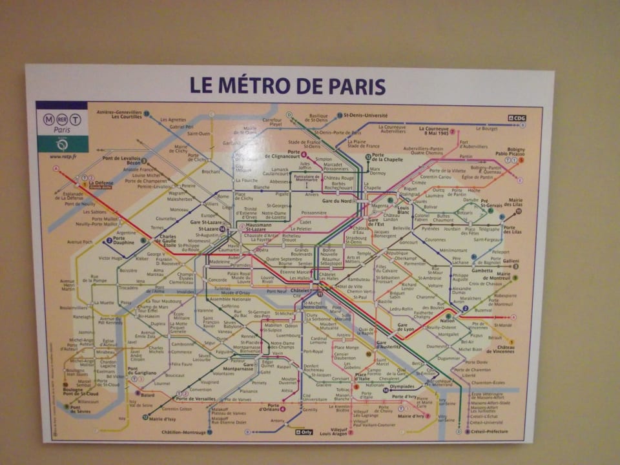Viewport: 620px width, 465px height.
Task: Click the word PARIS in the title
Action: (x=355, y=86)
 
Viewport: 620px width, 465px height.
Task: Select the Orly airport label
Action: (x=304, y=432)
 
